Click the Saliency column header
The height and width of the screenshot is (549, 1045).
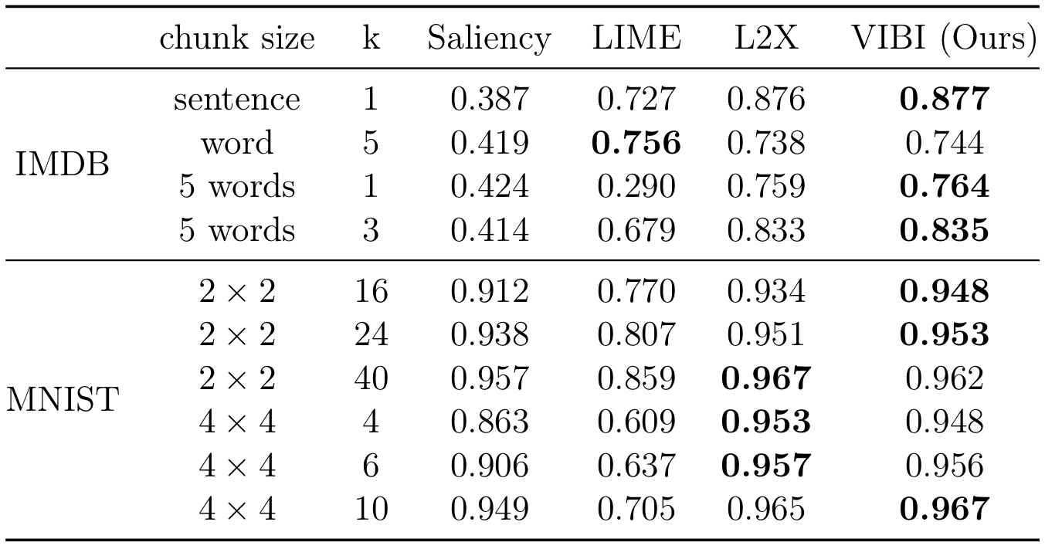click(x=490, y=39)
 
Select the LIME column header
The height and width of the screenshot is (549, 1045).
click(x=636, y=37)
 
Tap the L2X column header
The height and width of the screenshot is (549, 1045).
click(x=766, y=37)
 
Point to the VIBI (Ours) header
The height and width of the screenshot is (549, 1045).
click(x=945, y=39)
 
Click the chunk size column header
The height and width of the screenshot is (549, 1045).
click(x=237, y=37)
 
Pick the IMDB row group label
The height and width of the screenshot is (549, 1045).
click(x=62, y=164)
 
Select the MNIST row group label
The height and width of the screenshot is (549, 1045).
click(x=62, y=399)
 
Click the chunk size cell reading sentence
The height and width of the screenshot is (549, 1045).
click(x=237, y=100)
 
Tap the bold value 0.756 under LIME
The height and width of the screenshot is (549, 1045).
click(x=636, y=143)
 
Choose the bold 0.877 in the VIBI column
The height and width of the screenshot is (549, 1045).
click(x=945, y=99)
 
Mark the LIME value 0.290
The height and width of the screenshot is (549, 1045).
click(x=636, y=186)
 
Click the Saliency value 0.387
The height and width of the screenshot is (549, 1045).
click(x=490, y=99)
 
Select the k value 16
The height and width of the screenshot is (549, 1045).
click(x=371, y=291)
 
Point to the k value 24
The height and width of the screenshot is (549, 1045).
click(x=371, y=334)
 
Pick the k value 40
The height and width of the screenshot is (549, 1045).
click(x=371, y=378)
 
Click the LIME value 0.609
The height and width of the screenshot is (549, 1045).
click(x=636, y=422)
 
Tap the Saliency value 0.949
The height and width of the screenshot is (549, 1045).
click(x=490, y=508)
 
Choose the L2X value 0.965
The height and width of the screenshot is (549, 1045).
click(x=766, y=508)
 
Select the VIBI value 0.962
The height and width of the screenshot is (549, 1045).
click(x=945, y=378)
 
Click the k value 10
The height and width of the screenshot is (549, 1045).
click(x=371, y=508)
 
